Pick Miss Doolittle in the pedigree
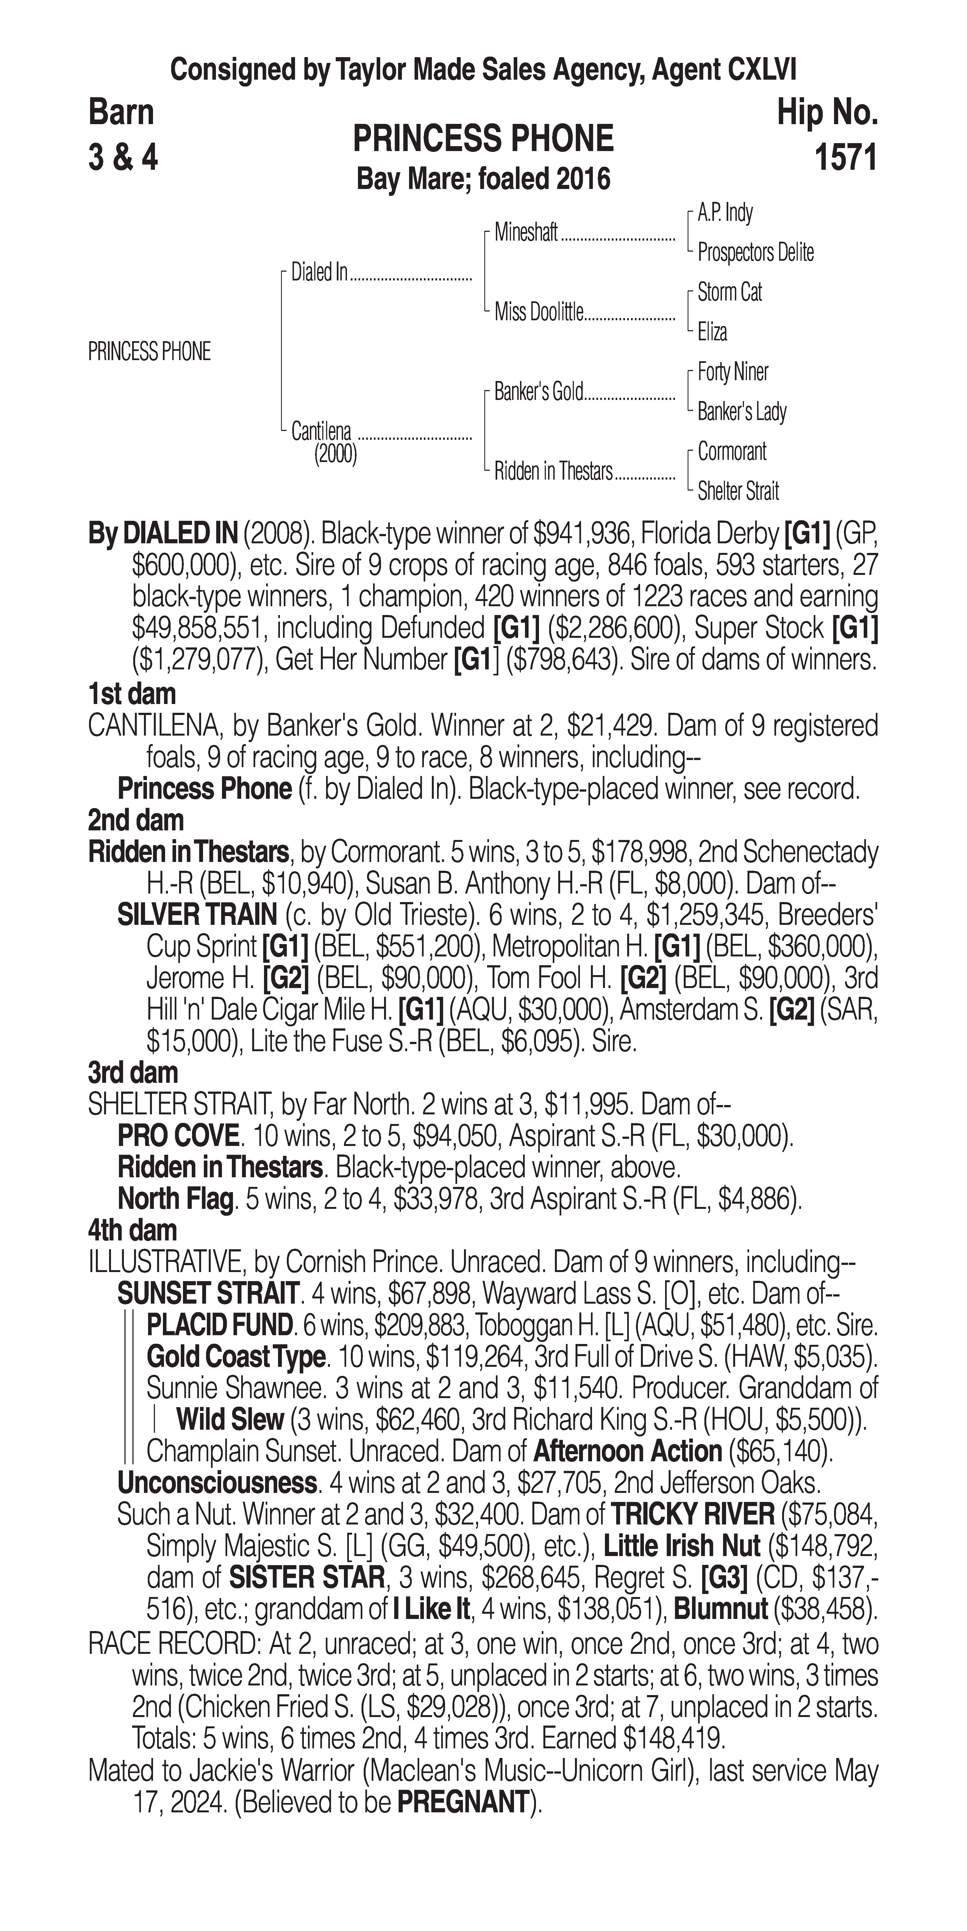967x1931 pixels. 538,313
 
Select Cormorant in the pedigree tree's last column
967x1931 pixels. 732,452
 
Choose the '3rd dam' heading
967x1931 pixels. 133,1073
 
